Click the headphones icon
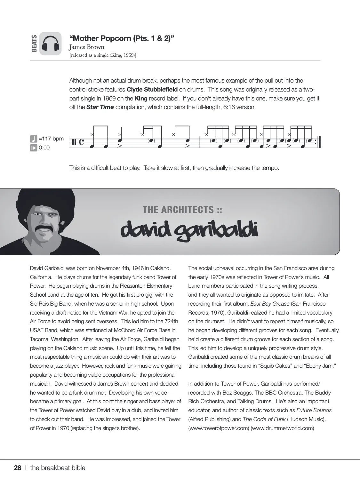[x=51, y=44]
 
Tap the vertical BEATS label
[x=34, y=44]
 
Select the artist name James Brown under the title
[x=87, y=47]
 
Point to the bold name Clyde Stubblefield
[x=152, y=90]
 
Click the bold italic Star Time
[x=100, y=107]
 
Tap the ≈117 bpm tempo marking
[x=51, y=139]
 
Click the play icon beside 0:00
[x=34, y=148]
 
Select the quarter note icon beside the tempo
[x=34, y=139]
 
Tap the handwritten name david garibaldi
[x=189, y=230]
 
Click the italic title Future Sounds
[x=314, y=410]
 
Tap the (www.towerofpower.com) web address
[x=219, y=428]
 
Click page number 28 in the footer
[x=18, y=468]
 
